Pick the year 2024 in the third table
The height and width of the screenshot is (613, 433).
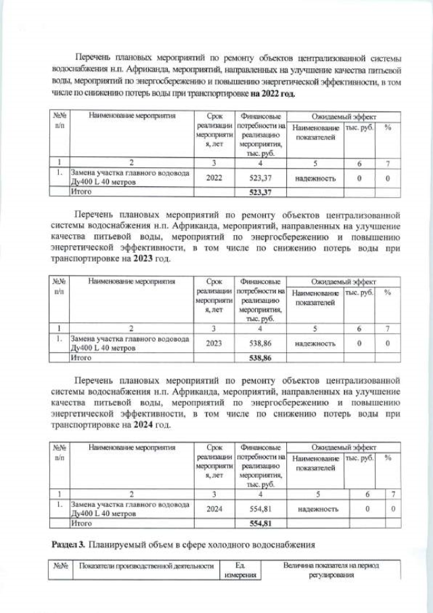click(213, 509)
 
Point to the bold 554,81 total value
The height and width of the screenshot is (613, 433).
click(260, 523)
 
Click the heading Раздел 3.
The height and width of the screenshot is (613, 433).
click(69, 545)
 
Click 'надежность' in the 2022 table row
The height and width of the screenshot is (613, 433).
click(315, 178)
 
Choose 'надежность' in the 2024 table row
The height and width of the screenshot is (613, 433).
click(317, 509)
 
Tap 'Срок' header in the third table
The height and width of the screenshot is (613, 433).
click(213, 447)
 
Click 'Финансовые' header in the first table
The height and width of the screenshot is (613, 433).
click(260, 116)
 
